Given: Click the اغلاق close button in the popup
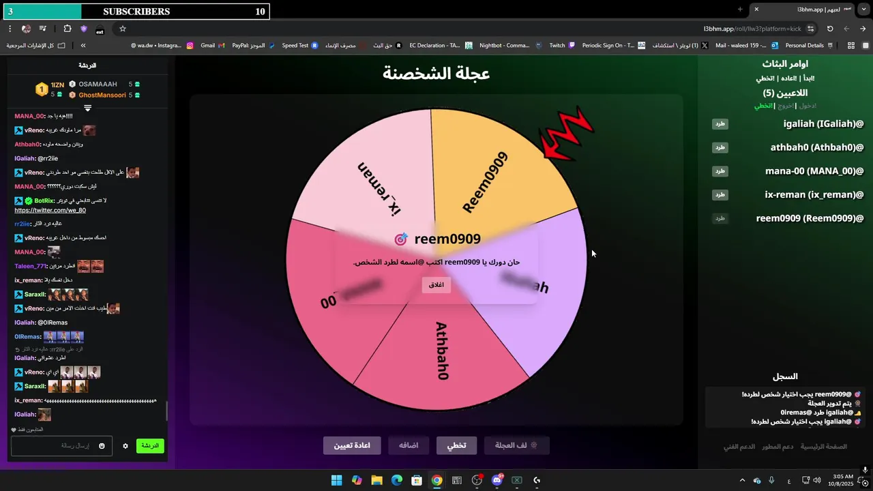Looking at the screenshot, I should [x=436, y=284].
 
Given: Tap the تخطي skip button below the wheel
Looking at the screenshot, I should [x=456, y=445].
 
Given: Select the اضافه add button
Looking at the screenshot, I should [x=409, y=445].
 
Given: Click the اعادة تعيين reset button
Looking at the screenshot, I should [x=352, y=445].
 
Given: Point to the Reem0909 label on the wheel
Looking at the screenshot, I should [x=485, y=182].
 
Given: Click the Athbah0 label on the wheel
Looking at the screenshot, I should [x=441, y=351].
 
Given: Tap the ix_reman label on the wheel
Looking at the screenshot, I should [x=379, y=189].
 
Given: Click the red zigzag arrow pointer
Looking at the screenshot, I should [x=565, y=133].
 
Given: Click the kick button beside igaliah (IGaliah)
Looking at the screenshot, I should [x=720, y=124].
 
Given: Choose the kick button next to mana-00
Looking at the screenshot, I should [x=720, y=171].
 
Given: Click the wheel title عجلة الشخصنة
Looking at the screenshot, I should [x=436, y=74].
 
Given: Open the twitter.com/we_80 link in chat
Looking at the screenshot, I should [x=50, y=210].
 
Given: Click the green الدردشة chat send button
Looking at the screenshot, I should [x=150, y=446].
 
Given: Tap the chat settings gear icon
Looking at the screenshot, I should [x=125, y=446].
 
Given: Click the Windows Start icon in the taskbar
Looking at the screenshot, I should [x=336, y=480].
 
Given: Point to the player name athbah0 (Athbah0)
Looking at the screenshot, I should [x=817, y=147].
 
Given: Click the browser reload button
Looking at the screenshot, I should [x=830, y=29].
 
